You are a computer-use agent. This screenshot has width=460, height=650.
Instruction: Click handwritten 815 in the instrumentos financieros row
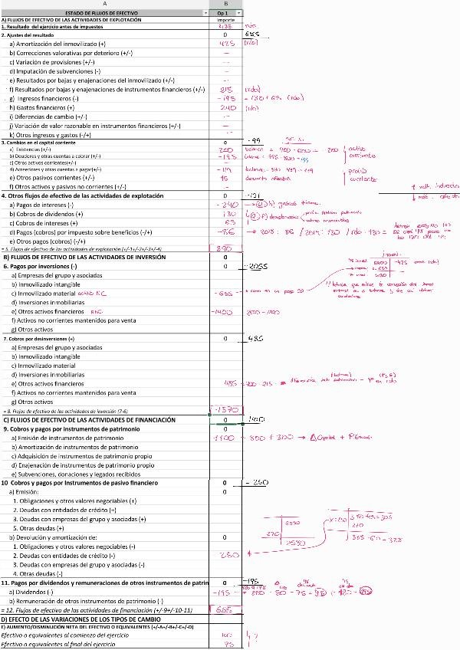click(226, 90)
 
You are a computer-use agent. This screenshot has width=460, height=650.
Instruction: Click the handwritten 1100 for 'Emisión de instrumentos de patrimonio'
click(224, 438)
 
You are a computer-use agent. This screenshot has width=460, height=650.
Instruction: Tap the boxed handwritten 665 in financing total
click(224, 610)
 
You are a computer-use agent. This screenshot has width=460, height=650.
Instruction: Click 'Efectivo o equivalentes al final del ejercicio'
click(65, 644)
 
